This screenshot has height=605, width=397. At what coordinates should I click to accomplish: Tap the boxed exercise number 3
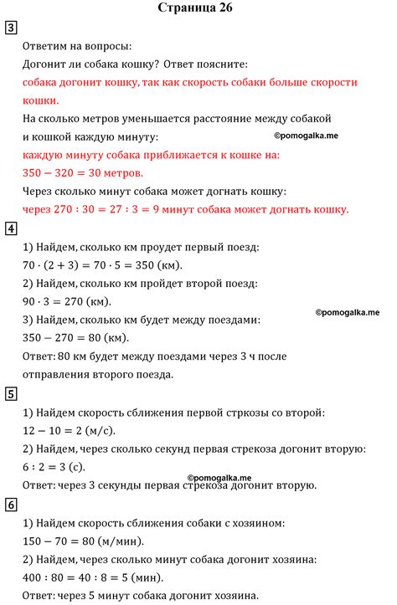pos(10,28)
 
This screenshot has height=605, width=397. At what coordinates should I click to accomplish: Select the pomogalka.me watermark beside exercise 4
pos(347,311)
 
